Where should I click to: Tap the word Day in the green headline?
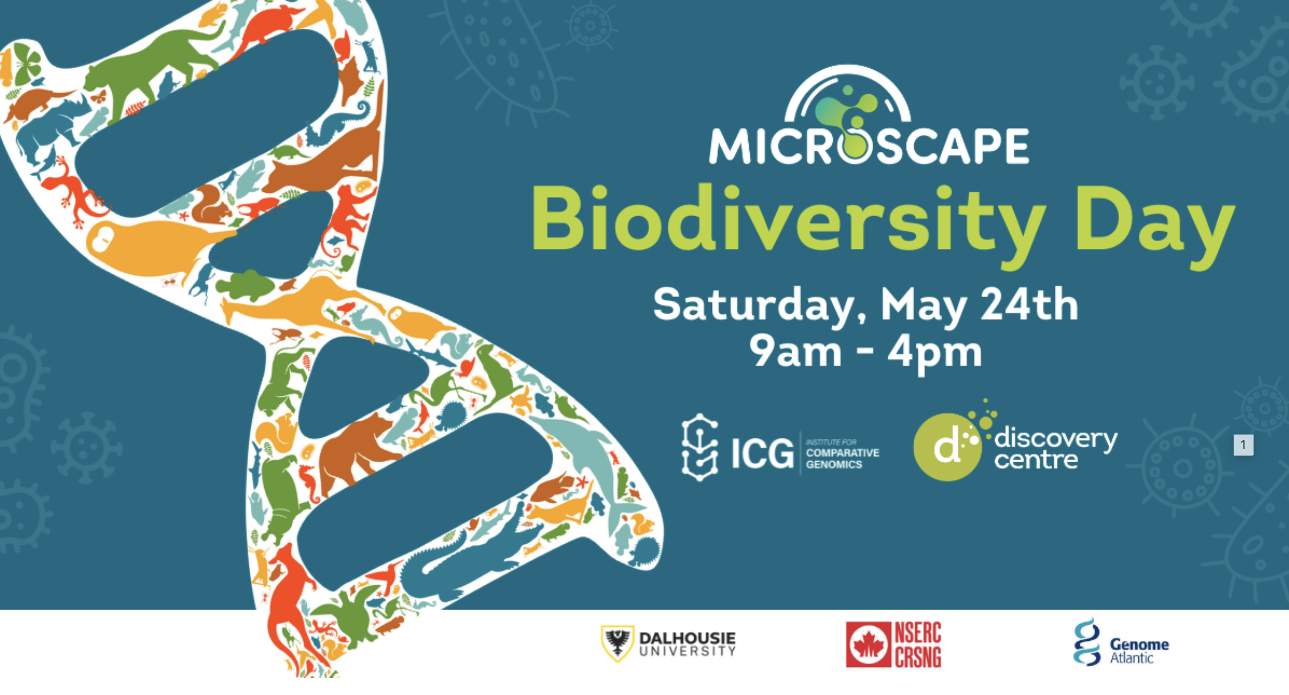[x=1155, y=224]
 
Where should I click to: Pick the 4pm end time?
[x=935, y=352]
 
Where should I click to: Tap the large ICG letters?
[x=762, y=453]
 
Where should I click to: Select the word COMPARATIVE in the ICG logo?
[x=842, y=453]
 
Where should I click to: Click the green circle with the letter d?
[x=947, y=447]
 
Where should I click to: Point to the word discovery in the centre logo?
[x=1055, y=438]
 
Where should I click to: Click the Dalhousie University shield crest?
[x=617, y=643]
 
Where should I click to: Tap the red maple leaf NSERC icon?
[x=868, y=645]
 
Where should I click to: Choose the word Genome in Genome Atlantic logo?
[x=1139, y=644]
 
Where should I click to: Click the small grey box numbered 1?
[x=1243, y=444]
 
